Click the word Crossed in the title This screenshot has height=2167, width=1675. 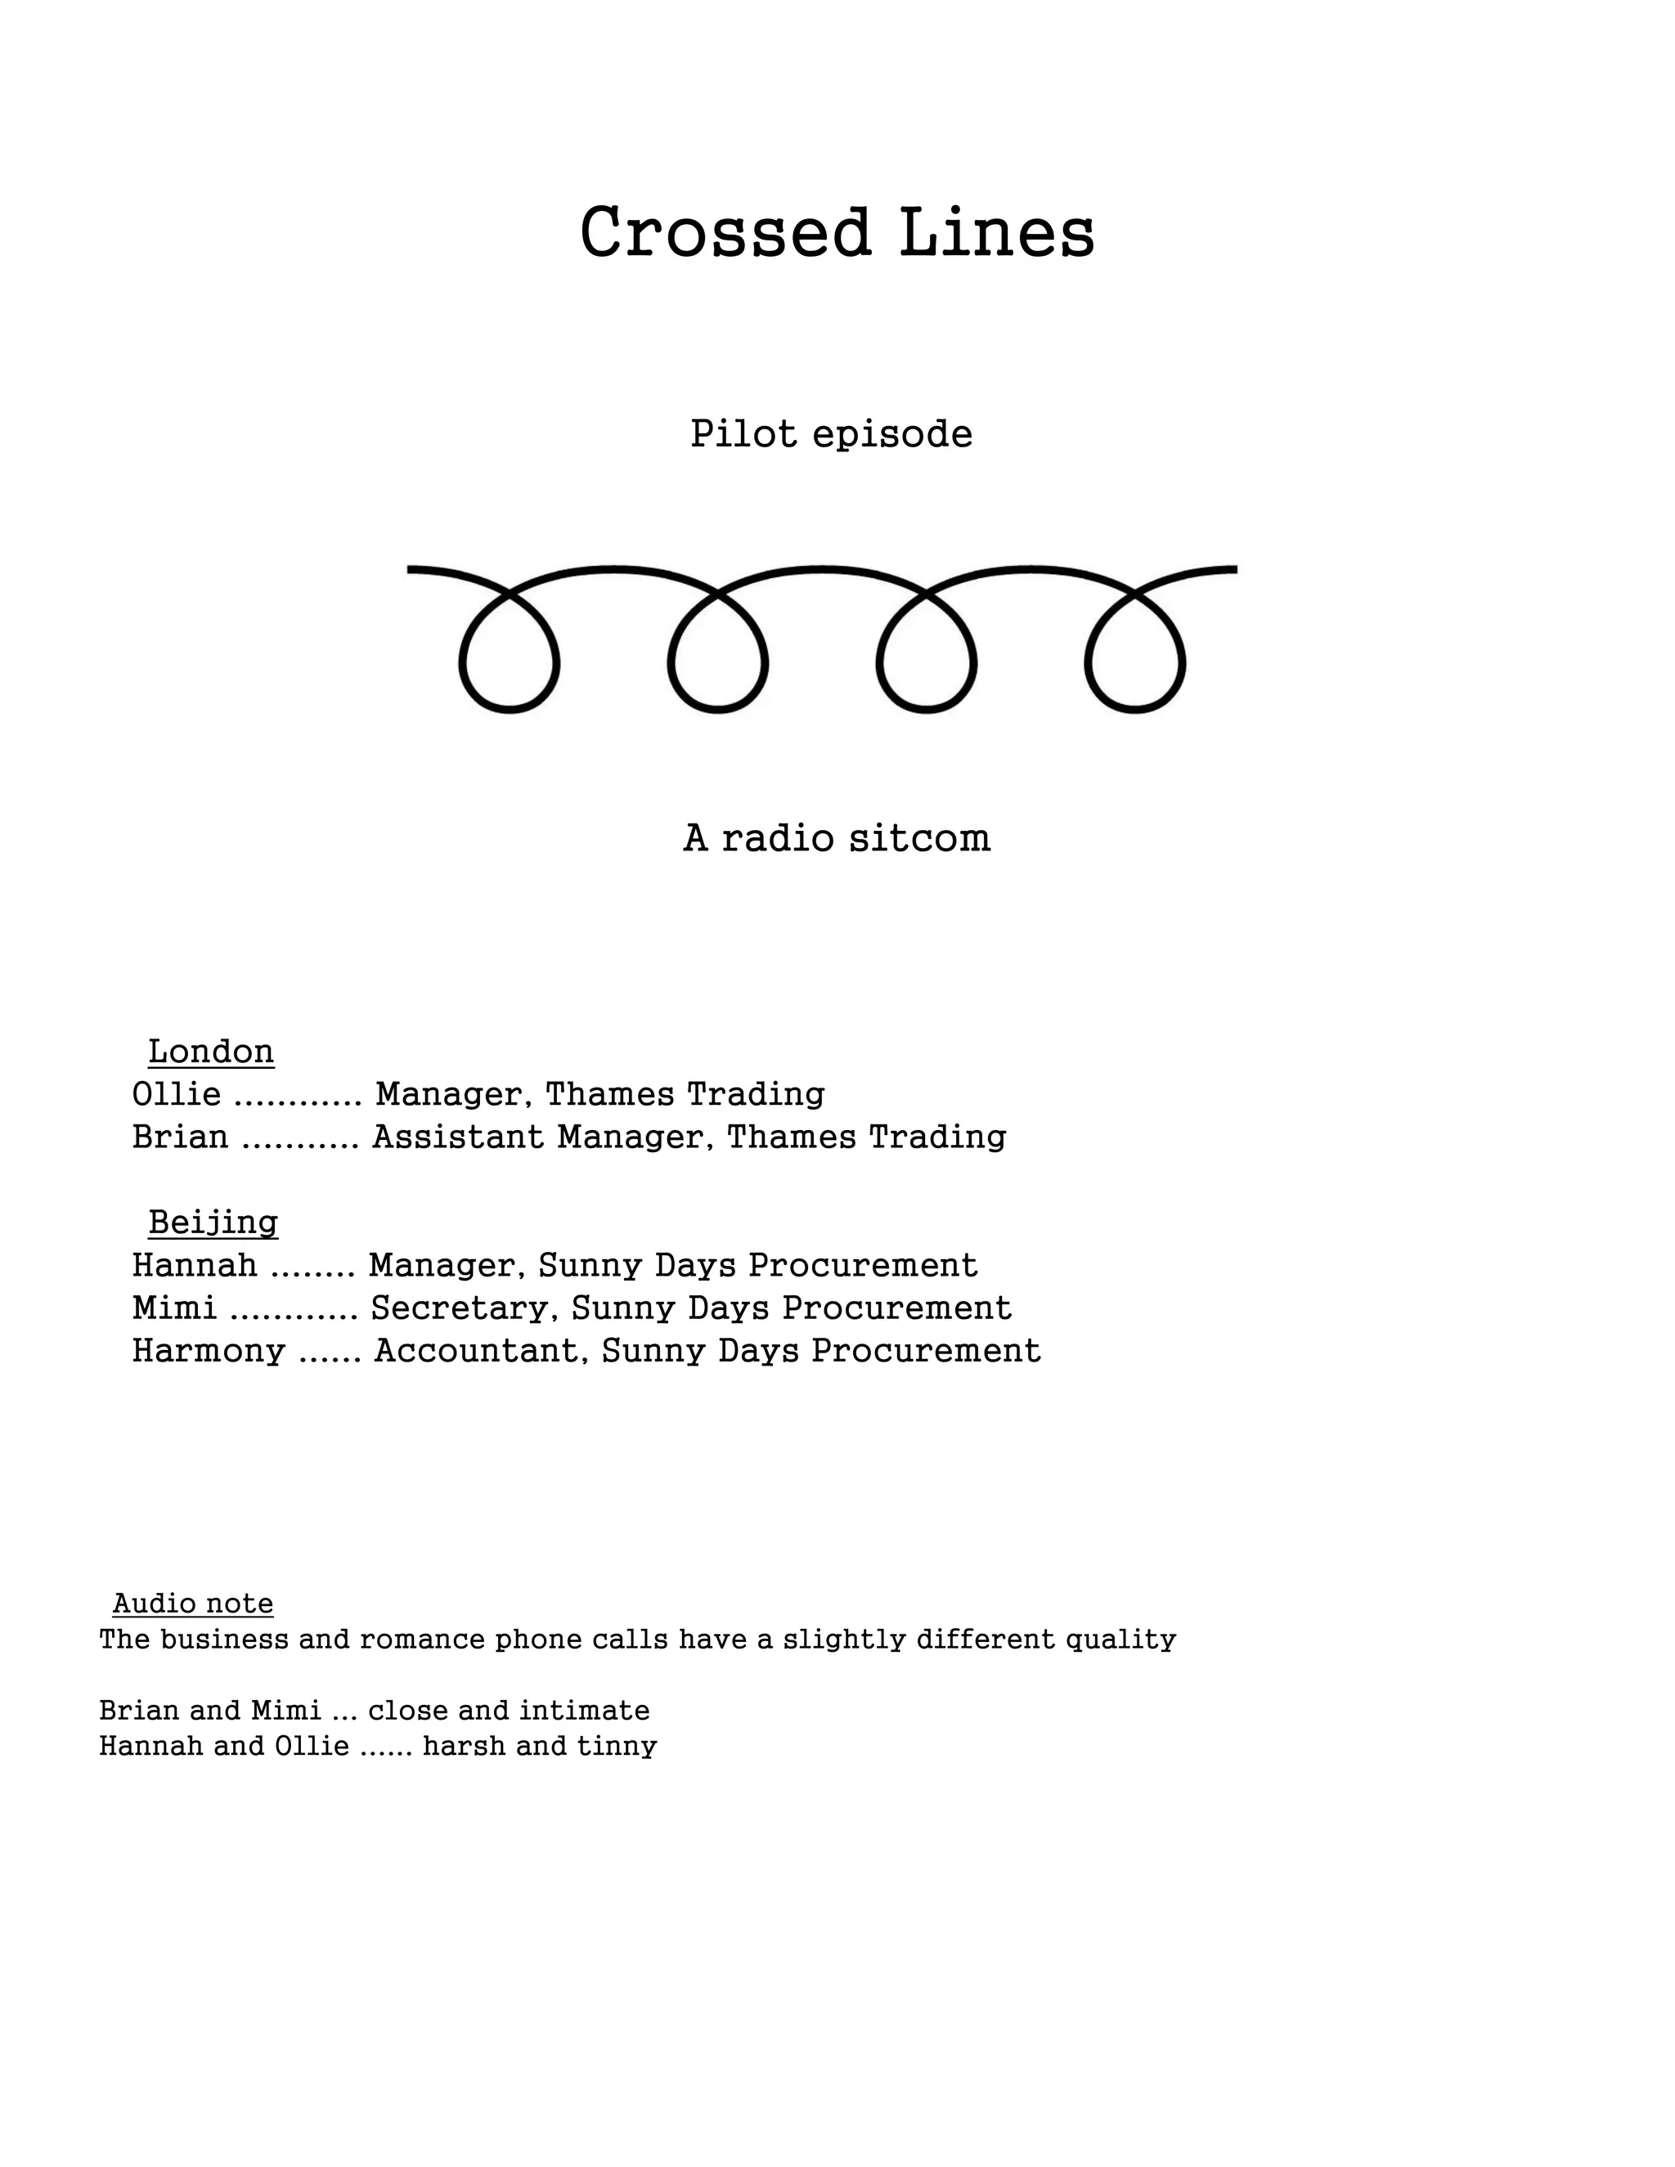[725, 233]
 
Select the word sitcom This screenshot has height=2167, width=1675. [920, 838]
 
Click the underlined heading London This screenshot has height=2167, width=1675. [210, 1051]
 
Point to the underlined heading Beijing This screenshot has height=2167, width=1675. [213, 1222]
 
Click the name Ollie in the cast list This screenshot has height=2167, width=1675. [177, 1093]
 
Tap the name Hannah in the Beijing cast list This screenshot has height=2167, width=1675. [195, 1265]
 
